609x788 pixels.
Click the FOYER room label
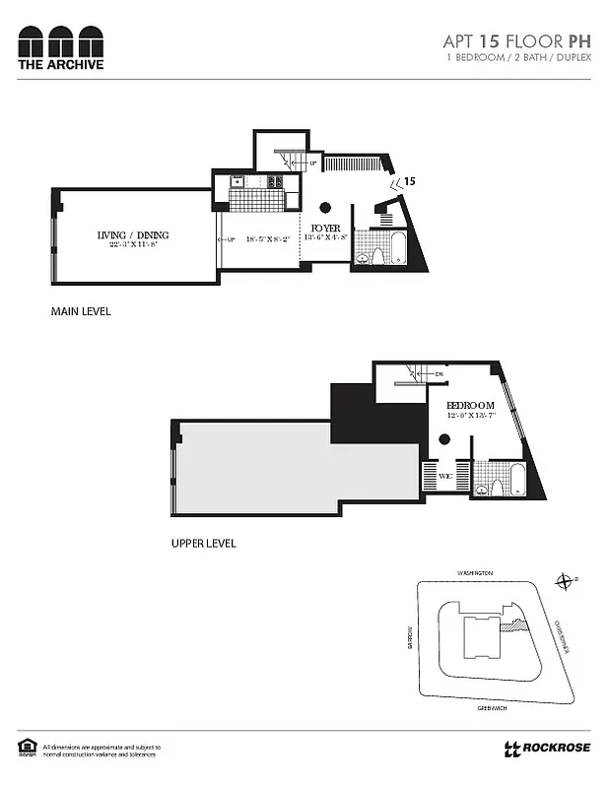click(325, 226)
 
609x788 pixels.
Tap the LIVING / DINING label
click(133, 234)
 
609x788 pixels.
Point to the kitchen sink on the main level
click(237, 181)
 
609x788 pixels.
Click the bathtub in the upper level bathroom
click(515, 482)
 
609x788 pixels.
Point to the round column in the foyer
click(324, 207)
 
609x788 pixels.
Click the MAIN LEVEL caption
click(81, 311)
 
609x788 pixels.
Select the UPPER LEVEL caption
click(203, 543)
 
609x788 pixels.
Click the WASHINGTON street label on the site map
click(474, 572)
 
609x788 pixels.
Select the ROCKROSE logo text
click(556, 748)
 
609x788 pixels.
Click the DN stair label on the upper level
click(439, 374)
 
